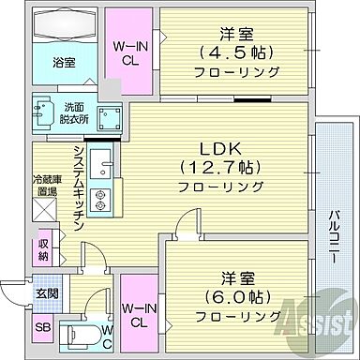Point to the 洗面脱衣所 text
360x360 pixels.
point(73,114)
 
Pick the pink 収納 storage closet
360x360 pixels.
point(44,250)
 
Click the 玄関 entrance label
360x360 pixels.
point(46,292)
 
